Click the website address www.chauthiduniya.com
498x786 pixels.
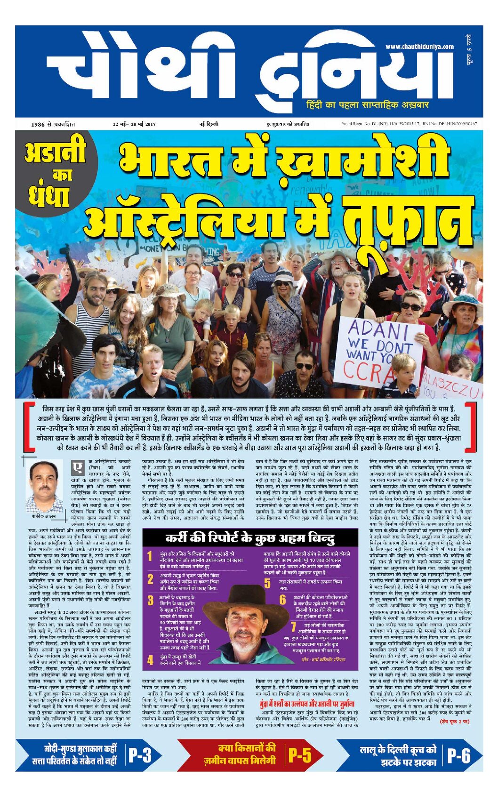pos(419,47)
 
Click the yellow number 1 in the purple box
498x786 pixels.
pos(150,557)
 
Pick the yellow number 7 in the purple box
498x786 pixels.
pos(293,626)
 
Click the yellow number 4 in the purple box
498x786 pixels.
pos(150,660)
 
